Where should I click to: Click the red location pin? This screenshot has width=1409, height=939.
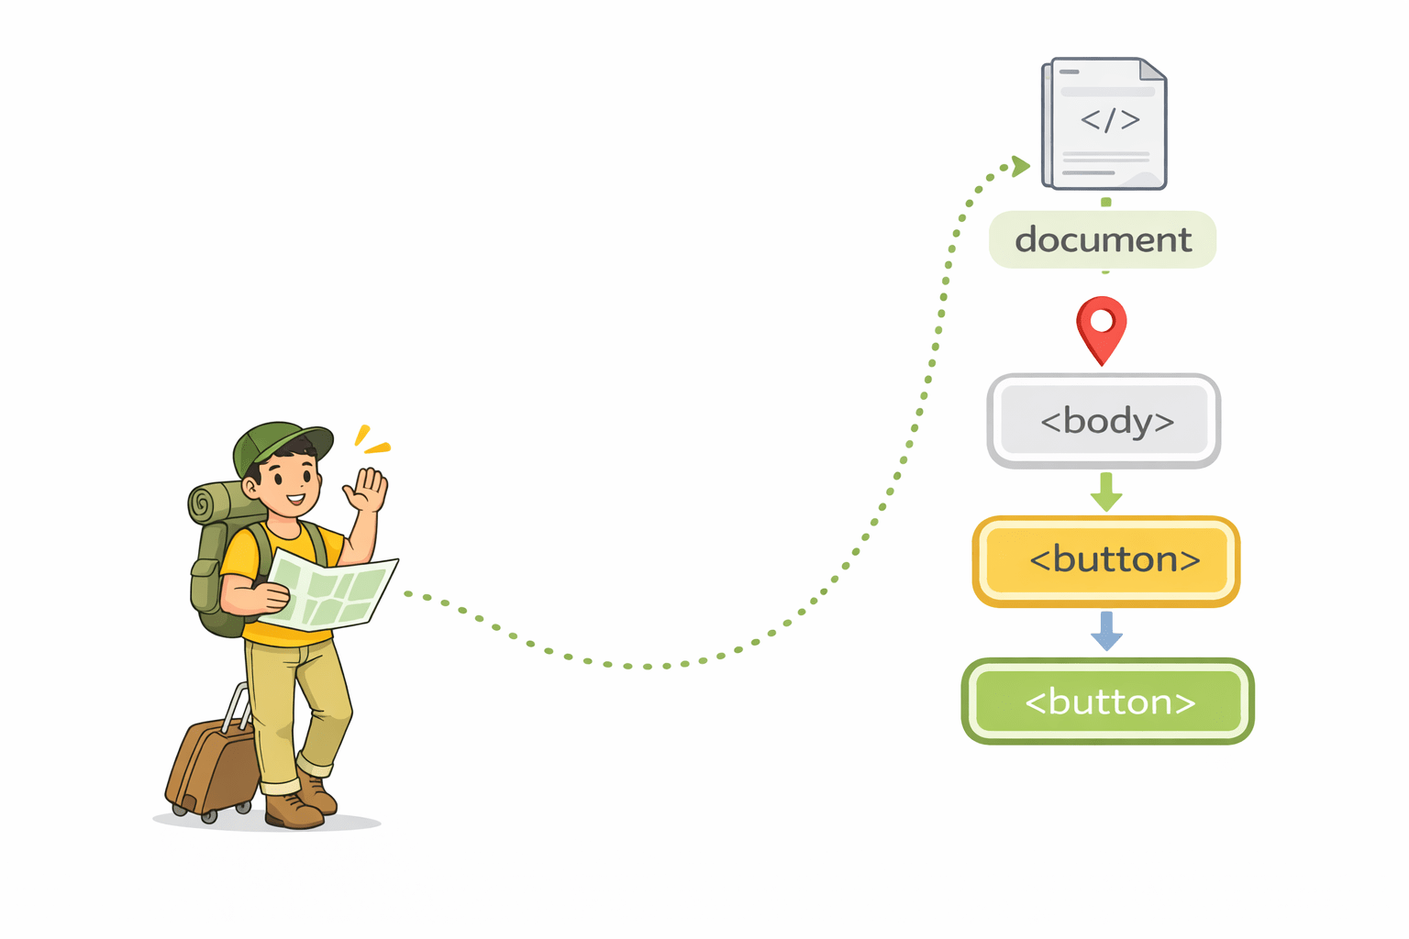1102,326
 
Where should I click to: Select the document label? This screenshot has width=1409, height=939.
1103,240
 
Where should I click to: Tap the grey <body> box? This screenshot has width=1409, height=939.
1104,421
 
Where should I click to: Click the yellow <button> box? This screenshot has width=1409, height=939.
1106,560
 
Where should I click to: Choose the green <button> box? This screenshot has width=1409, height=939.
1108,701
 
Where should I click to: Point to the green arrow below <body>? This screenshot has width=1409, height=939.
1106,492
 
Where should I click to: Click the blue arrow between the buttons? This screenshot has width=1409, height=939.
1106,631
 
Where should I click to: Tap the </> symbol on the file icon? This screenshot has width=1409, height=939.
1110,120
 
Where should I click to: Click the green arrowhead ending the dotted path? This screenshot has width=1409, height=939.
1020,166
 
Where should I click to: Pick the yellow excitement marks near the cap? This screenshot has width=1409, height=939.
372,440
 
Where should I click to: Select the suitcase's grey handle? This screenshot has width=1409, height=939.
237,706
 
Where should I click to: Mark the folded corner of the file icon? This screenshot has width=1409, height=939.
1152,70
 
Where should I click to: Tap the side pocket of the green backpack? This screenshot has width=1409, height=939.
204,587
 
